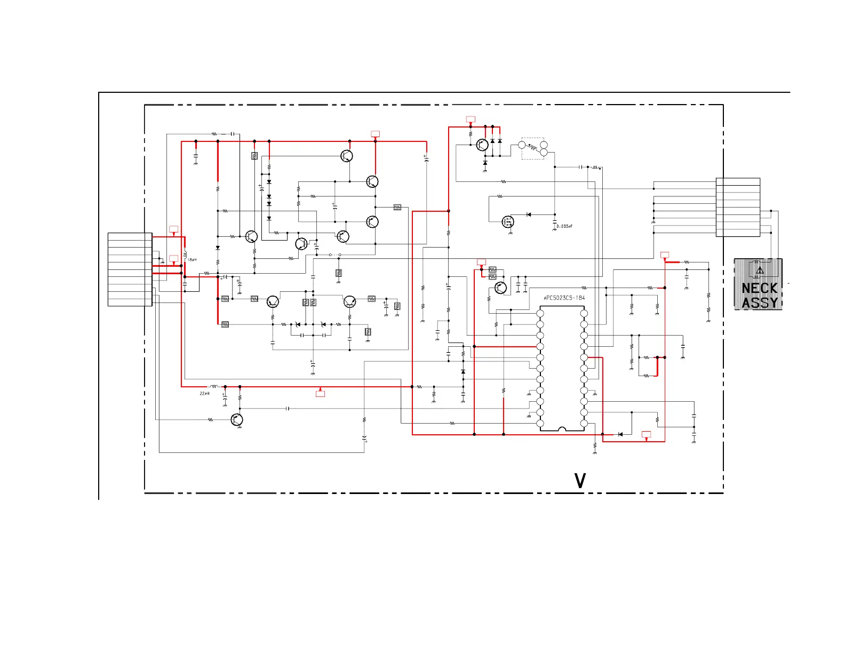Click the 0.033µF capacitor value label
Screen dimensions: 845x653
point(564,227)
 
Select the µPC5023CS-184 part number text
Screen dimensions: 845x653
point(564,298)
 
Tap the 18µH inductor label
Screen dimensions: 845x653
point(192,260)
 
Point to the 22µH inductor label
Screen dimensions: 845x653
point(204,394)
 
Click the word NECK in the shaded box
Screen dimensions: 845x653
point(759,289)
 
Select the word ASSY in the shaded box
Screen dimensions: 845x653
point(759,303)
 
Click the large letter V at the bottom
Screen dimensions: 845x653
point(580,481)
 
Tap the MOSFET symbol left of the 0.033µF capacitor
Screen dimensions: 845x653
point(508,221)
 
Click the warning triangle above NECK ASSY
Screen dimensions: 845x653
point(760,270)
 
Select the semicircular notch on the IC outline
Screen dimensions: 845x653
point(562,428)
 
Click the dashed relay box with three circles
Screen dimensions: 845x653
point(533,148)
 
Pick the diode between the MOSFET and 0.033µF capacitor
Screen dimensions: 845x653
point(529,214)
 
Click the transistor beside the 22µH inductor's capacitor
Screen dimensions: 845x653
point(237,420)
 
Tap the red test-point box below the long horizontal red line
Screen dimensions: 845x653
point(320,394)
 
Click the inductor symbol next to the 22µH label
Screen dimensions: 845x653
point(214,386)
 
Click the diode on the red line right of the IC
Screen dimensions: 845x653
point(620,434)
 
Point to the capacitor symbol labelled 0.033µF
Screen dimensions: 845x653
point(555,221)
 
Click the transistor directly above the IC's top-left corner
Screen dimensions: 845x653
point(500,288)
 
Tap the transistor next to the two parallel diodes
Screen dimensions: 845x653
point(482,145)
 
